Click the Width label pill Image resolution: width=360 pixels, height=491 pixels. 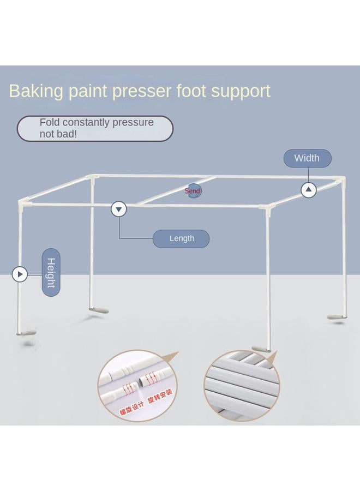click(307, 158)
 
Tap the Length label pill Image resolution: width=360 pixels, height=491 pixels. click(181, 238)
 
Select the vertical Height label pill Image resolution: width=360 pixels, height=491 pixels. click(51, 272)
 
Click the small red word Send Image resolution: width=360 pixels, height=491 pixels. click(193, 191)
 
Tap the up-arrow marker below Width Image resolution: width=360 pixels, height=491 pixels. click(309, 190)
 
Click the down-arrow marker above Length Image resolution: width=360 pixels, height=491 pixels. click(118, 209)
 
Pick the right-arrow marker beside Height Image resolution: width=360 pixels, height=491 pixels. click(20, 274)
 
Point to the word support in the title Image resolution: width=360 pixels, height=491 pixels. click(241, 91)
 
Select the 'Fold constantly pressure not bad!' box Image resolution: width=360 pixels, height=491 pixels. click(95, 129)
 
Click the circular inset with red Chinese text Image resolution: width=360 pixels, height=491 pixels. click(137, 386)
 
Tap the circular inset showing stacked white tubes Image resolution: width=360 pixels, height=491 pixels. click(242, 385)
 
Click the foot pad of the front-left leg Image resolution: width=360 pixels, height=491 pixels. click(26, 333)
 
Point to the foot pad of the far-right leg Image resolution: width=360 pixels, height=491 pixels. click(337, 316)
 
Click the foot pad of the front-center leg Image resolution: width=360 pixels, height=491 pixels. click(261, 349)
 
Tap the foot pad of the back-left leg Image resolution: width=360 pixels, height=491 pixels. click(99, 310)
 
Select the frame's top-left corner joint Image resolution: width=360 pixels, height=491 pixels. click(23, 204)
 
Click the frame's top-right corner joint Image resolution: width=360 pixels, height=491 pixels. click(341, 179)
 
